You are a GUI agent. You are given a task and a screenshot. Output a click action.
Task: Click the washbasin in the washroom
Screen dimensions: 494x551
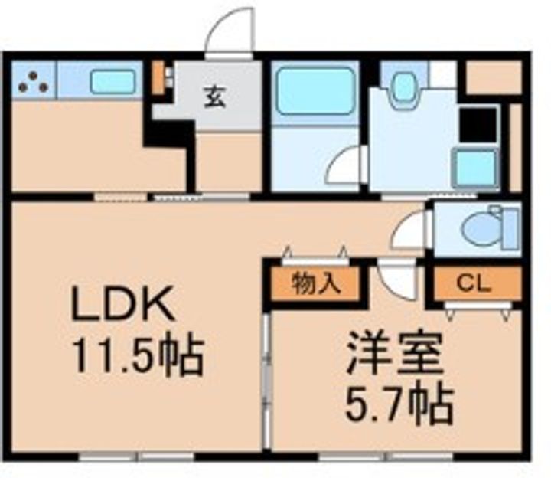pyautogui.click(x=402, y=90)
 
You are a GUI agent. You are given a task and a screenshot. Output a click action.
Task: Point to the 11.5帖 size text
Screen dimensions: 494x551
pyautogui.click(x=137, y=354)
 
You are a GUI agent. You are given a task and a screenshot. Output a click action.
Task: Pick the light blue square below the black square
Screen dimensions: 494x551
pyautogui.click(x=476, y=168)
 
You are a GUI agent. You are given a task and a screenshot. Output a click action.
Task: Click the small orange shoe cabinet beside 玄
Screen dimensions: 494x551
pyautogui.click(x=158, y=77)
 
